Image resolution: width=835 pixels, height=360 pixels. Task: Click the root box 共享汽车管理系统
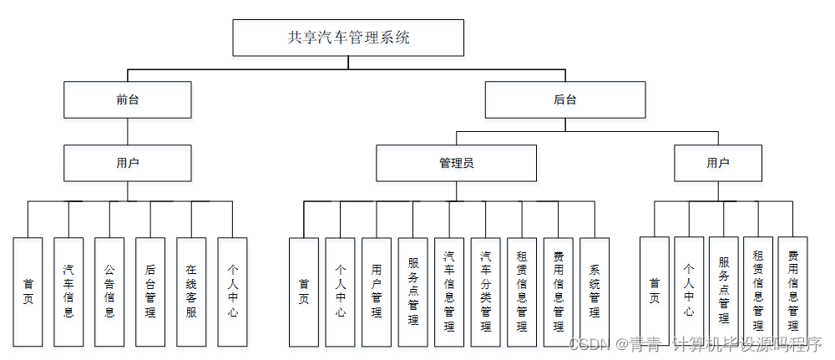(x=348, y=38)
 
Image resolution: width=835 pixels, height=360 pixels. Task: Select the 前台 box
(x=128, y=99)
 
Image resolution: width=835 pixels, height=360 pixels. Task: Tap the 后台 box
(x=565, y=99)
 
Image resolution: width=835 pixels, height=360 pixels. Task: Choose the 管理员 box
(x=457, y=163)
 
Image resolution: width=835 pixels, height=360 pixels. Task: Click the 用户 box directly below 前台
(x=128, y=163)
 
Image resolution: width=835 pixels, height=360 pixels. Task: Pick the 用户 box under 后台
(x=718, y=163)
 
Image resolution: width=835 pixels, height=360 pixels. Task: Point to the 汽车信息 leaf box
(x=68, y=292)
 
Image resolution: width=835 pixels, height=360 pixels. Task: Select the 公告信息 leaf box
(x=109, y=292)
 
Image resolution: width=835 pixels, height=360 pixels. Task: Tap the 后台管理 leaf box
(x=150, y=292)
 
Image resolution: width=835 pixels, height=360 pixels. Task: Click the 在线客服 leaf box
(x=191, y=292)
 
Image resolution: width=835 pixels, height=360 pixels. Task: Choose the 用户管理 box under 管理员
(x=377, y=292)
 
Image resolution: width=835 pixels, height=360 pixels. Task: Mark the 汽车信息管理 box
(x=449, y=292)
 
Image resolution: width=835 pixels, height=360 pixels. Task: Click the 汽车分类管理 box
(x=485, y=292)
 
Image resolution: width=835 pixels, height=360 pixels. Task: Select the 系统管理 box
(x=595, y=292)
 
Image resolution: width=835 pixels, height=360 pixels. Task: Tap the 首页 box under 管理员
(x=304, y=292)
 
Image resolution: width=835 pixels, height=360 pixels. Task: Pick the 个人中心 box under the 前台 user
(x=232, y=292)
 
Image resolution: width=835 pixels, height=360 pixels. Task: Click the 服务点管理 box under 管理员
(x=412, y=292)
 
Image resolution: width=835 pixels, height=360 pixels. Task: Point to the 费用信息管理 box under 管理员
(x=558, y=292)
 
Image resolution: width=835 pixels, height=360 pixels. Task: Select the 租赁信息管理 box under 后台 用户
(x=758, y=288)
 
